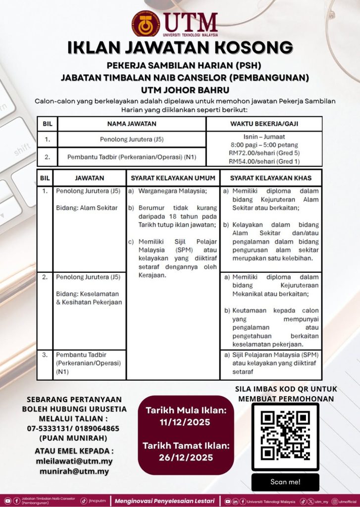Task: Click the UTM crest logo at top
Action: pos(146,23)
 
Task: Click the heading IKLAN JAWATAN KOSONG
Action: pos(180,48)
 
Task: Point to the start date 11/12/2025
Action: pos(185,422)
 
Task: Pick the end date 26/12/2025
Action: pos(186,457)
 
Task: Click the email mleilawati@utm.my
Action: pos(74,461)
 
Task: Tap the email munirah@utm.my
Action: pos(74,471)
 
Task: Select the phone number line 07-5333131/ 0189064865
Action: pos(74,428)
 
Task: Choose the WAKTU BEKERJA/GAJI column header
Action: pos(264,124)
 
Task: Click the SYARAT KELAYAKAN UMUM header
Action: pos(173,178)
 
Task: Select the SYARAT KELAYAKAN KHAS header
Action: pos(270,178)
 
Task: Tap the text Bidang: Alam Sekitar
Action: pos(87,208)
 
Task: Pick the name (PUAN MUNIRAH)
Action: pos(74,438)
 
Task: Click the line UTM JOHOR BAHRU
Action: pos(180,90)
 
